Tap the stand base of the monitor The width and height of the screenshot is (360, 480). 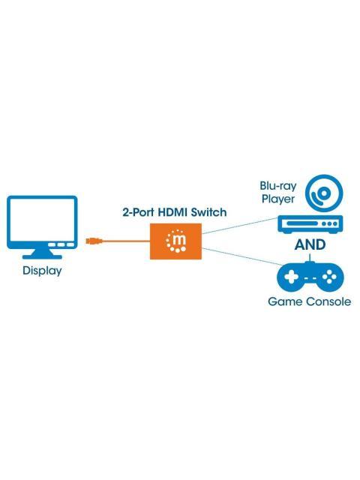coord(42,256)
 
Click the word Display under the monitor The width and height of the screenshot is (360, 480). coord(42,271)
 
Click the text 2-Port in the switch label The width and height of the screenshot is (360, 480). coord(137,212)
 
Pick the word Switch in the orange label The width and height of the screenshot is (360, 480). coord(209,212)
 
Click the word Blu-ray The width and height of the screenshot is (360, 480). coord(277,187)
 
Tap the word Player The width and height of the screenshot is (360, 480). coord(279,199)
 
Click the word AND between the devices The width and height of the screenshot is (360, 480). coord(309,245)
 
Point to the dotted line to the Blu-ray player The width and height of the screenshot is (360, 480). coord(240,229)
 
